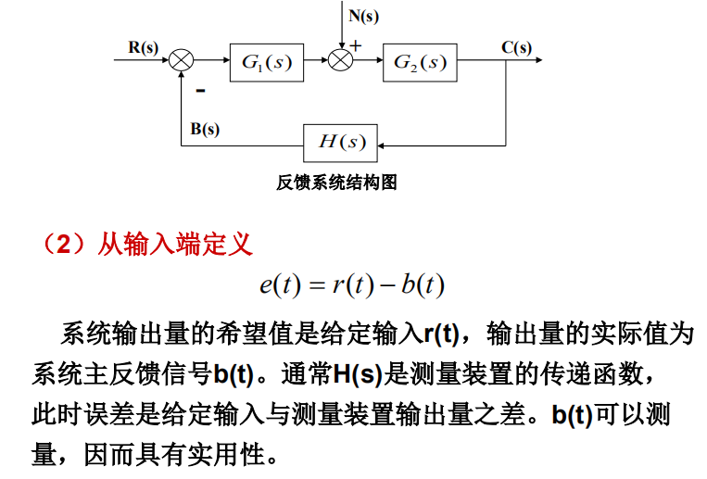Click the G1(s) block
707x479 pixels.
tap(266, 61)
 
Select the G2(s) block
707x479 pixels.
tap(419, 61)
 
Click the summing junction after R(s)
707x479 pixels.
tap(182, 61)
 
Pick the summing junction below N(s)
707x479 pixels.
tap(343, 61)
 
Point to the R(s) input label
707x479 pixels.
tap(143, 46)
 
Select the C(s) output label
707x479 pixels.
tap(516, 46)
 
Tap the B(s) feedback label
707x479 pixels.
tap(205, 129)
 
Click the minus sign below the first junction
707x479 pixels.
tap(199, 91)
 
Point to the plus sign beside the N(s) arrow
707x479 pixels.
tap(357, 44)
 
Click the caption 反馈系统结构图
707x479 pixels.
tap(337, 183)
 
